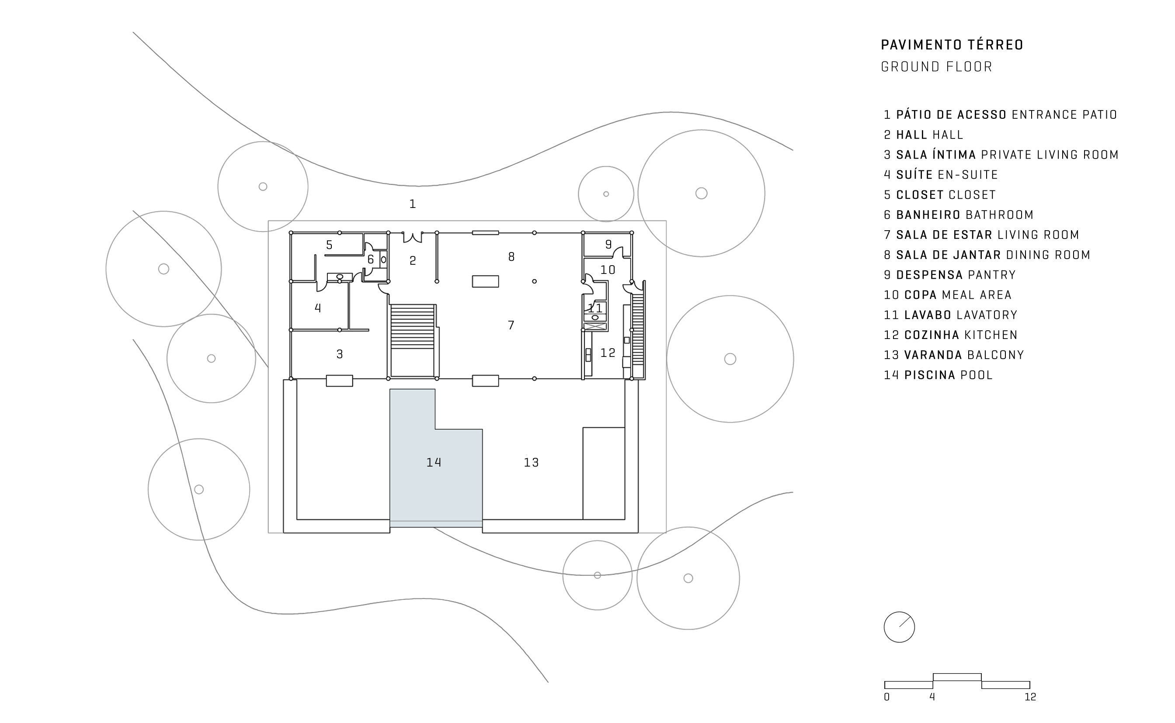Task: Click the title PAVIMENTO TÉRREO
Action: pyautogui.click(x=952, y=45)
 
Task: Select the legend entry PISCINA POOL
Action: pyautogui.click(x=938, y=375)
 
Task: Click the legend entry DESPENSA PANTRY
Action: pyautogui.click(x=950, y=275)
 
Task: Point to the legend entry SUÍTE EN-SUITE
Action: pyautogui.click(x=941, y=175)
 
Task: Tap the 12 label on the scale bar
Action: pyautogui.click(x=1030, y=697)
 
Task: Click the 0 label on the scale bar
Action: pyautogui.click(x=886, y=697)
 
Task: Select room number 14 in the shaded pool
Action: pyautogui.click(x=434, y=462)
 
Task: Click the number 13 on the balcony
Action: pyautogui.click(x=531, y=462)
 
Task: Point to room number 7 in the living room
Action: pyautogui.click(x=511, y=325)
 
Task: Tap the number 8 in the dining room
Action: pyautogui.click(x=511, y=257)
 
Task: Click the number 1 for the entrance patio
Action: pyautogui.click(x=412, y=204)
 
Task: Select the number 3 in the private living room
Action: pyautogui.click(x=340, y=354)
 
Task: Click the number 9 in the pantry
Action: pyautogui.click(x=608, y=244)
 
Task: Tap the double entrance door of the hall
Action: pyautogui.click(x=412, y=237)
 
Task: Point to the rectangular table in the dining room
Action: pyautogui.click(x=486, y=281)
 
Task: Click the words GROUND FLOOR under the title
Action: pyautogui.click(x=937, y=67)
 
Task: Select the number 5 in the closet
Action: pyautogui.click(x=329, y=246)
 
